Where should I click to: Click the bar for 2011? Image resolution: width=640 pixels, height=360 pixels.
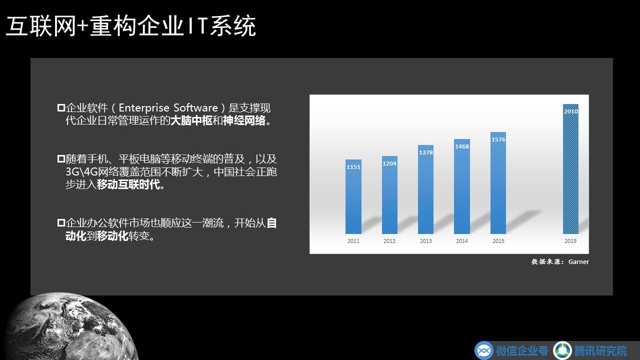click(x=353, y=196)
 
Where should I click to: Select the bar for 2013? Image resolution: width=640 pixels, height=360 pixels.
click(x=425, y=189)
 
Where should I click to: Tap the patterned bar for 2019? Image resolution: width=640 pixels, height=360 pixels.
click(x=570, y=169)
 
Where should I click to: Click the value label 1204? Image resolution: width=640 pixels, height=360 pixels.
click(x=389, y=163)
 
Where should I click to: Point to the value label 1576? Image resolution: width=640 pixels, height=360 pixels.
click(x=498, y=139)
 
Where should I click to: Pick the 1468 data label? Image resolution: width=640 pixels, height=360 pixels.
click(x=462, y=146)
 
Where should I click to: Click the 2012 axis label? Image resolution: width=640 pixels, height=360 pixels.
click(x=389, y=241)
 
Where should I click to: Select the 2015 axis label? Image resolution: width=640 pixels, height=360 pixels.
click(x=498, y=241)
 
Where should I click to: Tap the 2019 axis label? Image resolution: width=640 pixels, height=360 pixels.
click(x=570, y=241)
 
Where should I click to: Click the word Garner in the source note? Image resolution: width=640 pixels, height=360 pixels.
click(x=578, y=261)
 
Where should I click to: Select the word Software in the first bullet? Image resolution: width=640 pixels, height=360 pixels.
click(x=195, y=107)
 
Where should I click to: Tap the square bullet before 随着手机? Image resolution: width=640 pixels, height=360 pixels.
click(x=61, y=159)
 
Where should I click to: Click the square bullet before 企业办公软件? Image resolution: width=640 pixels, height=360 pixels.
click(x=61, y=223)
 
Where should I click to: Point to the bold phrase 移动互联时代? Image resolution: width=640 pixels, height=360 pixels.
click(x=128, y=185)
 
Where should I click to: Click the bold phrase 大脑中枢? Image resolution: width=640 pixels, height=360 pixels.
click(x=191, y=121)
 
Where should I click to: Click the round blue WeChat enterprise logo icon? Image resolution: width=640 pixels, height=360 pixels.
click(x=483, y=350)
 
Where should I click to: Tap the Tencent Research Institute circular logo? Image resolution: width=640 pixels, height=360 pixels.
click(x=562, y=350)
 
